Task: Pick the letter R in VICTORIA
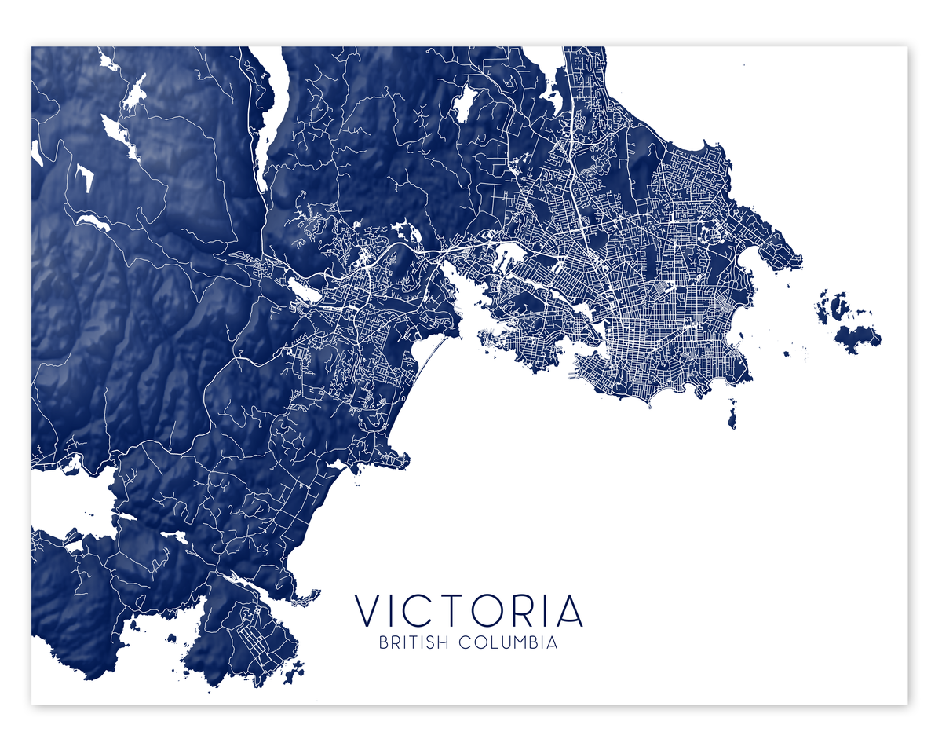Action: (531, 611)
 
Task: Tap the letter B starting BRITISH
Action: (384, 642)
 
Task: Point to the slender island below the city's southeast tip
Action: (732, 414)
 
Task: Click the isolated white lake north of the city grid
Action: (464, 103)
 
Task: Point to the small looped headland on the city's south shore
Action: (649, 403)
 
